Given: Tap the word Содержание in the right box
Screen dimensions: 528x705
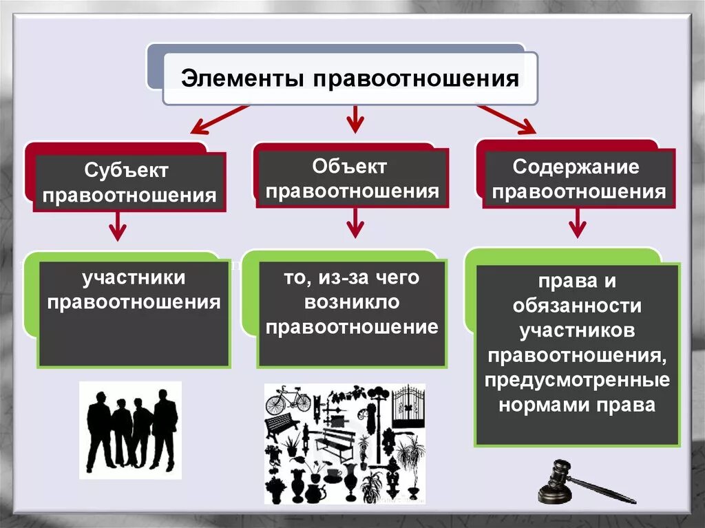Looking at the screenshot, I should point(576,167).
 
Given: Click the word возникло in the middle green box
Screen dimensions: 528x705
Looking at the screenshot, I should point(351,302).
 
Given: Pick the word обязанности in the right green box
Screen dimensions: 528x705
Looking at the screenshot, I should point(577,306).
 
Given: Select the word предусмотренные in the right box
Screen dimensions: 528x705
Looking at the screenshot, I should point(577,380).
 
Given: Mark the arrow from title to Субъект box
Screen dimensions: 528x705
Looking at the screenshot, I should point(219,119).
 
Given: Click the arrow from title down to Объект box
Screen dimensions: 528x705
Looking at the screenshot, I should point(354,118).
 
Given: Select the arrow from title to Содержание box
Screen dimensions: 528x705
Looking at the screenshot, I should point(507,118).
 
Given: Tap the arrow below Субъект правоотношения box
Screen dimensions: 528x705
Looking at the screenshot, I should point(119,225).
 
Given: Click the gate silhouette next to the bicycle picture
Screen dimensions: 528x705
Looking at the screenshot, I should point(408,408).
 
